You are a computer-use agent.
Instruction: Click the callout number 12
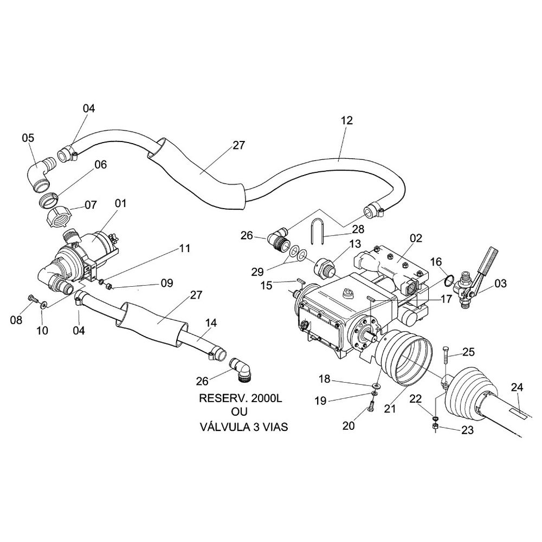(x=347, y=121)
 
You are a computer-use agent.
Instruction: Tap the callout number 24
(x=518, y=388)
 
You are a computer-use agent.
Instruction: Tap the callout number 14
(x=211, y=322)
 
